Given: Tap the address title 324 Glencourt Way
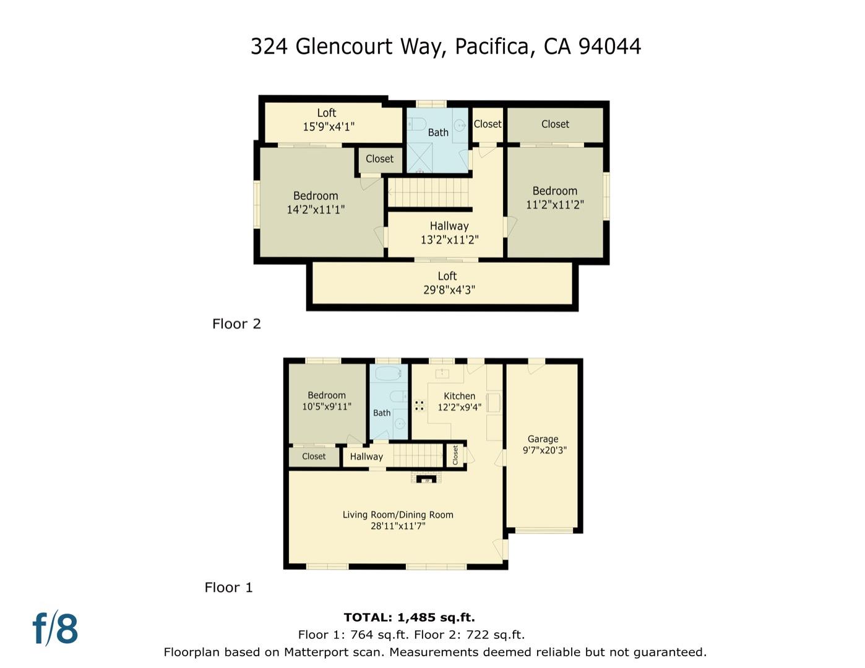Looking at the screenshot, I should tap(445, 46).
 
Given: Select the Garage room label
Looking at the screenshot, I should tap(543, 439).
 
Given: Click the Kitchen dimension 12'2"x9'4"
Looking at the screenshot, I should tap(459, 407).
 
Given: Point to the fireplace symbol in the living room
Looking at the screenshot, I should tap(426, 479).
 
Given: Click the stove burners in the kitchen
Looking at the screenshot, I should tap(420, 406).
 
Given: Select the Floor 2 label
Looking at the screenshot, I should tap(236, 324).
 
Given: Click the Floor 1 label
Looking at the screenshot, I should tap(229, 588).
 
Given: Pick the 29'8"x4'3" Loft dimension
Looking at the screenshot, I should tap(449, 289).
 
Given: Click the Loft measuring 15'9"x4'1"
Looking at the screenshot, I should tap(328, 120).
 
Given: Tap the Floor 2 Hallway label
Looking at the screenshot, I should tap(449, 226).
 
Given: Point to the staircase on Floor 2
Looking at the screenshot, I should tap(429, 192).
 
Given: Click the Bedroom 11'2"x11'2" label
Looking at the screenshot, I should tap(555, 191).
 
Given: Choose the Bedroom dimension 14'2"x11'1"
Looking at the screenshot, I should tap(316, 210).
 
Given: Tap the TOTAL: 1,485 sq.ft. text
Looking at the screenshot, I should tap(409, 617).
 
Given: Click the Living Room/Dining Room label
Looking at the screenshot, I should tap(398, 515).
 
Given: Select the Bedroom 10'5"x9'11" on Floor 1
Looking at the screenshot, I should tap(327, 401).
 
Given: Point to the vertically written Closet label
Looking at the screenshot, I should tap(455, 455).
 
